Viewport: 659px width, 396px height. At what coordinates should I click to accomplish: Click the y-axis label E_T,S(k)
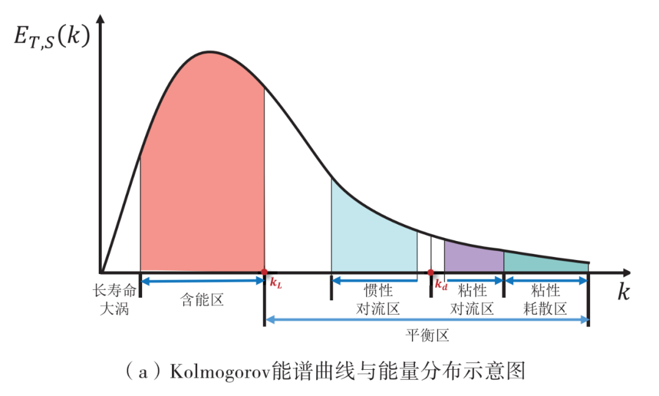[52, 37]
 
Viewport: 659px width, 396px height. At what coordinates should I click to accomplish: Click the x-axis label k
[623, 292]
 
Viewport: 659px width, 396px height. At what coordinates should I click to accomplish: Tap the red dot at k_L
[264, 272]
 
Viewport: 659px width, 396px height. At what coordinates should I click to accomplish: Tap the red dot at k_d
[431, 272]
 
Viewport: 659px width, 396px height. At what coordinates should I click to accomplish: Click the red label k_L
[276, 283]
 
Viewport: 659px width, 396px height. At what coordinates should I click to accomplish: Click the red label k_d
[441, 284]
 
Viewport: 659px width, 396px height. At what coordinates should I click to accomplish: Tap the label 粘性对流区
[472, 299]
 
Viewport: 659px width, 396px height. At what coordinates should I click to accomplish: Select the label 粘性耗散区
[545, 299]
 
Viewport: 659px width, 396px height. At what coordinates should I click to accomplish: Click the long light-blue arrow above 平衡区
[427, 319]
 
